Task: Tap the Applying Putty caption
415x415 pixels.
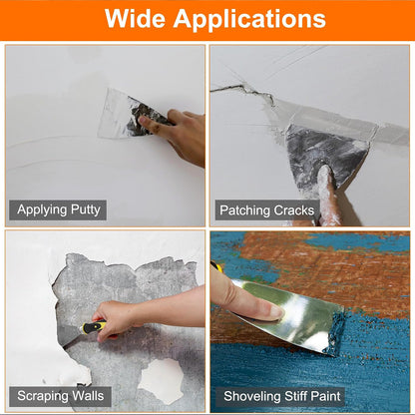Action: tap(58, 209)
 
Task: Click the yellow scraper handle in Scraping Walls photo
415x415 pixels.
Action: tap(93, 326)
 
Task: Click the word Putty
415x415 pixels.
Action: tap(84, 209)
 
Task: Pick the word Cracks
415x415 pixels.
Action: tap(293, 209)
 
